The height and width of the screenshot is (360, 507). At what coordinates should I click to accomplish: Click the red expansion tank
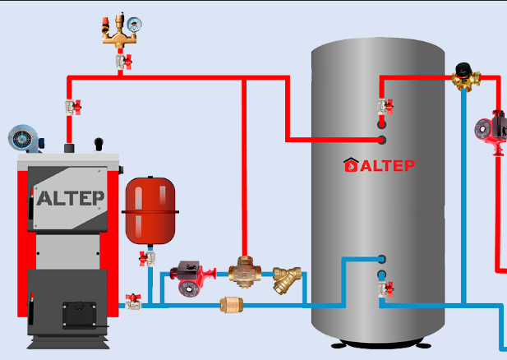coord(150,210)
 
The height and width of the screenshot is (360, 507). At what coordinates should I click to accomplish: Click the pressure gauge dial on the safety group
coord(134,25)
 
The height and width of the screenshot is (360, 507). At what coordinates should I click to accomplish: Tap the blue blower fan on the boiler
coord(24,138)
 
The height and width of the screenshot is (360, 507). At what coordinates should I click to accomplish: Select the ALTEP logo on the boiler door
coord(70,198)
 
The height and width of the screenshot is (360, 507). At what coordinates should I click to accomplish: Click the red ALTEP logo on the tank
coord(380,165)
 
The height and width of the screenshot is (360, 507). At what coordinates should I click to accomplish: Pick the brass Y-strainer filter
coord(287,279)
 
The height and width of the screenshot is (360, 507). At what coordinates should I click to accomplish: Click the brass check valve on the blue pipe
coord(232,305)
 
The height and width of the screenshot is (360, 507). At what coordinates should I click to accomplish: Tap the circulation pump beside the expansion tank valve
coord(193,278)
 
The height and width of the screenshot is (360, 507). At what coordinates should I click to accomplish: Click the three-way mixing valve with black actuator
coord(466,77)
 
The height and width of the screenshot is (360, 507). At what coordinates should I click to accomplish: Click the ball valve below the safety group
coord(124,62)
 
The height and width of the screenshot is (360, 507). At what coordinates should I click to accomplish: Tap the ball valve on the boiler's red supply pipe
coord(73,107)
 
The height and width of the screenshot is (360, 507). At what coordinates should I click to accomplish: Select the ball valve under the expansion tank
coord(147,258)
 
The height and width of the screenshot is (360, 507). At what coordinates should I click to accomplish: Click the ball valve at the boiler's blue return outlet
coord(133,302)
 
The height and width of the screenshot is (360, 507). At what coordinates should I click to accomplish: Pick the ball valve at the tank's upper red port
coord(385,106)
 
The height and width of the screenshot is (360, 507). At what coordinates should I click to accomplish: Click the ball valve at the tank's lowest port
coord(385,288)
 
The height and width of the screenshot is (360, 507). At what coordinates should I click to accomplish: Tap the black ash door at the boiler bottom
coord(79,315)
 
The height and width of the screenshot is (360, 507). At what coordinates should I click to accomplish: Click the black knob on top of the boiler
coord(99,143)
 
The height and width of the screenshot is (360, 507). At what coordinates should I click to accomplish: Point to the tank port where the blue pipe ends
coord(382,259)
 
